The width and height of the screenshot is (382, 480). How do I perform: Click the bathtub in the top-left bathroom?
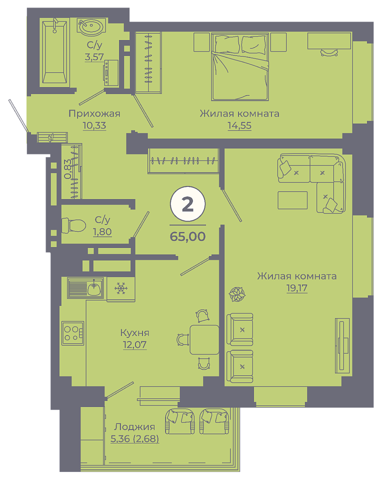click(54, 52)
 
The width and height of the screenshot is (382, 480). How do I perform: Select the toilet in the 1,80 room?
click(73, 225)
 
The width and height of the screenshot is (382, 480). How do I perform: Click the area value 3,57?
click(94, 57)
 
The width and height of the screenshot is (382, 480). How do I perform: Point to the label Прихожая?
click(94, 113)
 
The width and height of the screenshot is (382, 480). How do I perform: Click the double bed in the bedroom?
click(239, 67)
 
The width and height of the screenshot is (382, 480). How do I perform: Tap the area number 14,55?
click(239, 125)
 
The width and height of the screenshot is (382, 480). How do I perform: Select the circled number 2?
click(187, 204)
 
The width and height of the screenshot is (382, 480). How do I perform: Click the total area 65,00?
click(187, 236)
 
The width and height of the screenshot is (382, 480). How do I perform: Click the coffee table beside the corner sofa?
click(292, 200)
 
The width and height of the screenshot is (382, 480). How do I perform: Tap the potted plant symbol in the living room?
click(237, 294)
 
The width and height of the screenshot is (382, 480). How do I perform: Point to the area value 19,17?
click(297, 288)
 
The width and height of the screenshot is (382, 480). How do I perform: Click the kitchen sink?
click(85, 288)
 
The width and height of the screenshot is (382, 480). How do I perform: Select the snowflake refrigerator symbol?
click(121, 288)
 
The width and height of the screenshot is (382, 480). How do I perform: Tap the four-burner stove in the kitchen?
click(73, 333)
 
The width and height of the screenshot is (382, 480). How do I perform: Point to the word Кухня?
click(134, 333)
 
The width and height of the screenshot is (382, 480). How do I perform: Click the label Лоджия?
click(134, 426)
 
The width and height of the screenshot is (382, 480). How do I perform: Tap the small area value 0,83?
click(68, 169)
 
